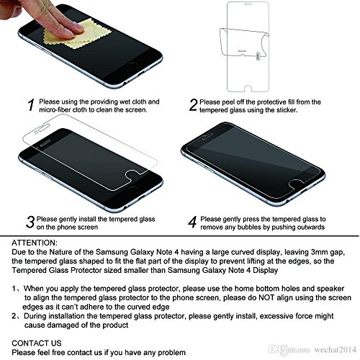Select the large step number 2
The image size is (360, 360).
pyautogui.click(x=193, y=107)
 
